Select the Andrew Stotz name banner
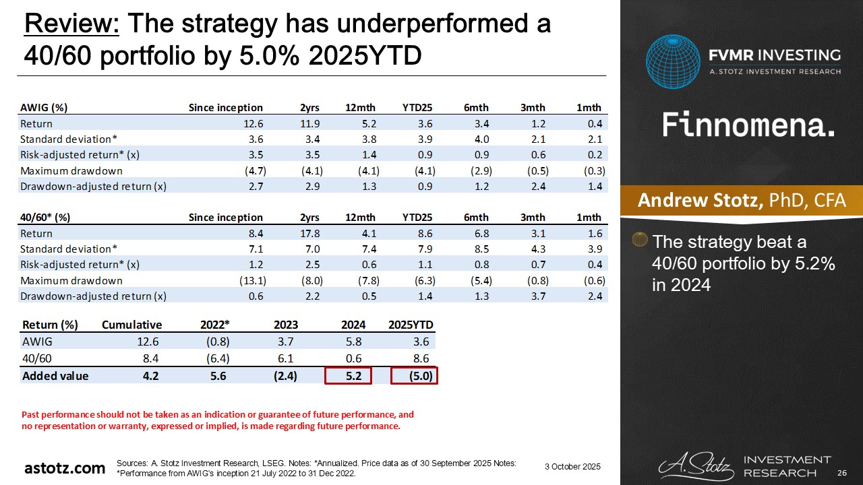[741, 200]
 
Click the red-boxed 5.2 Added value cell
[348, 376]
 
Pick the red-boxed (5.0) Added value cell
[415, 376]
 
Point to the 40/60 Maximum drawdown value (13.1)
[249, 281]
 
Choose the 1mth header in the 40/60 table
[589, 217]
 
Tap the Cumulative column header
[132, 325]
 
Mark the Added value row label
[55, 376]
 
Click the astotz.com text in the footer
[65, 468]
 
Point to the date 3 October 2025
[572, 467]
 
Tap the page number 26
[841, 472]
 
